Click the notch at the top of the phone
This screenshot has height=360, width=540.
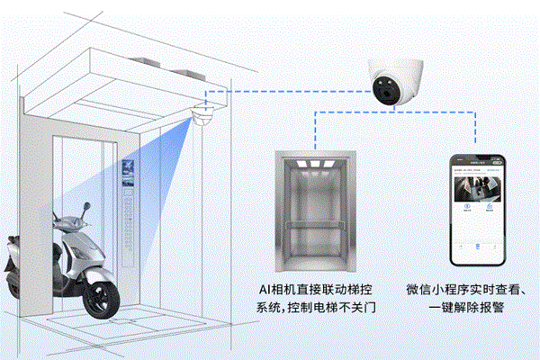coord(484,157)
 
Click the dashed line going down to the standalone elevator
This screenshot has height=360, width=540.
coord(314,126)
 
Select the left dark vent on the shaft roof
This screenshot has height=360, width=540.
coord(148,64)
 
